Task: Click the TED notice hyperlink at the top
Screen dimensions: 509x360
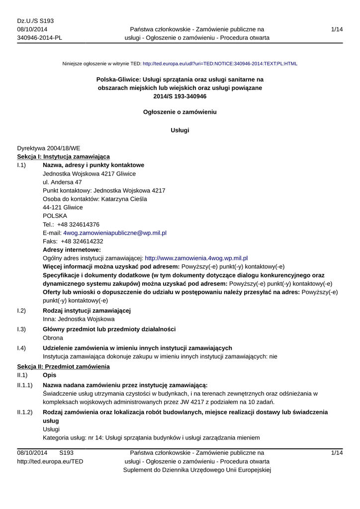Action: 220,64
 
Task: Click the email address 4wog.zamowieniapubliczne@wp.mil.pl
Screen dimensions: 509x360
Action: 114,233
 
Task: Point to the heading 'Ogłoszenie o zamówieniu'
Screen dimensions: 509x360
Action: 180,112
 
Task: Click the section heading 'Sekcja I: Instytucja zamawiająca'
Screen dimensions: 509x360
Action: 63,157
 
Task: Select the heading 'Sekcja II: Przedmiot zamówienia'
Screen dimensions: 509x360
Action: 63,366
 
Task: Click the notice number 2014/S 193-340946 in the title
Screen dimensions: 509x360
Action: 180,96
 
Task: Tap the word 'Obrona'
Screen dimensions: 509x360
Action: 53,338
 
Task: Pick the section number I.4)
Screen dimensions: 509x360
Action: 21,347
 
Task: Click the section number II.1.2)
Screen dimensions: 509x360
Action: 25,412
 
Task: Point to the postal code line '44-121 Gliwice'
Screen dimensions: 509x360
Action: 63,207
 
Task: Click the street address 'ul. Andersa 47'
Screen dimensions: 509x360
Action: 62,182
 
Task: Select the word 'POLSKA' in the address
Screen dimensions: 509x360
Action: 55,216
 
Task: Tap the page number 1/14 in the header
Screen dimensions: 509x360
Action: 337,30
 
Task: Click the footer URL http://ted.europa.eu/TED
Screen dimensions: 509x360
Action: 50,461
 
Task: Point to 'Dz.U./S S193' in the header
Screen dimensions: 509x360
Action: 35,21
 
